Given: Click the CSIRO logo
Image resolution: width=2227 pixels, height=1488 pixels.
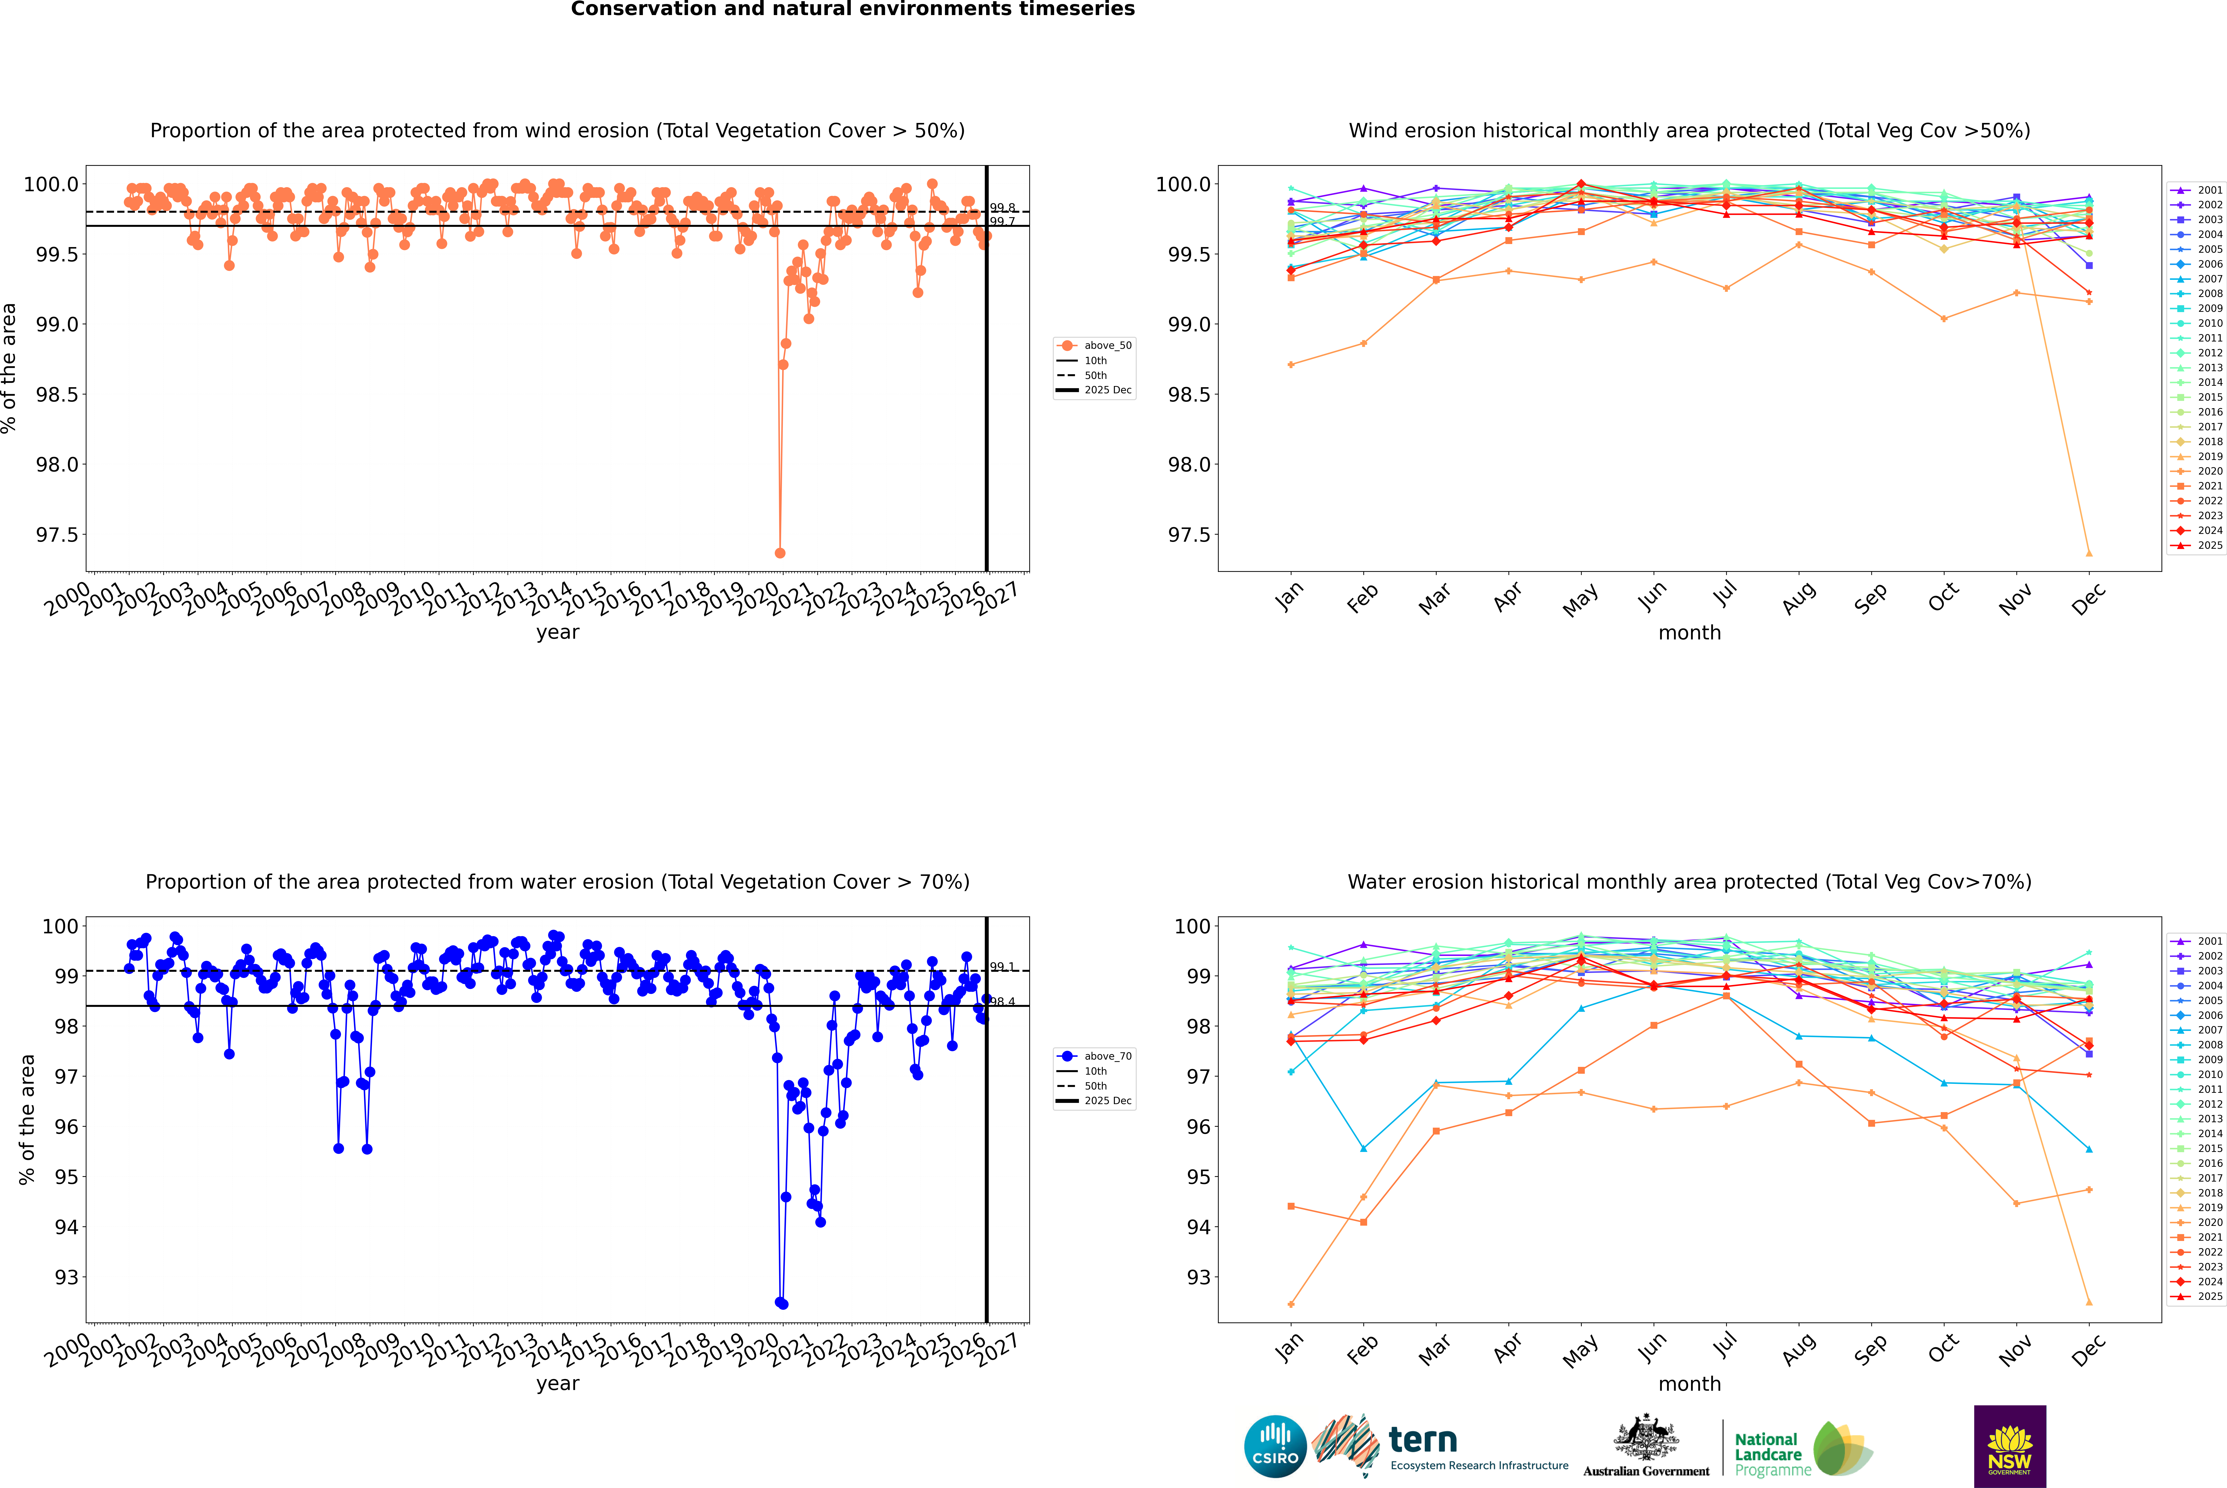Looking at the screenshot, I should click(x=1275, y=1446).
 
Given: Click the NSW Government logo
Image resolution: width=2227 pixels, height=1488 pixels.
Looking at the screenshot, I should click(x=2010, y=1446).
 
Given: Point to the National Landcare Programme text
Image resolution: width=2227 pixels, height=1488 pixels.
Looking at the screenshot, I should click(x=1768, y=1454).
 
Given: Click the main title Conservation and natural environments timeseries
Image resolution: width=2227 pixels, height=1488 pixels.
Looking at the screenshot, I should click(x=852, y=9).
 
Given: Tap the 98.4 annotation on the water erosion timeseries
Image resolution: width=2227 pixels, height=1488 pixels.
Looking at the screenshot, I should click(x=1002, y=1002).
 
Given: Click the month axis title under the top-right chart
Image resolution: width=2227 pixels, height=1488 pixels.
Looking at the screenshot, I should click(x=1689, y=633).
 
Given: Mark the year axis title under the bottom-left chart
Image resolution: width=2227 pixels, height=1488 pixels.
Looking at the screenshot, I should click(x=557, y=1384).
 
